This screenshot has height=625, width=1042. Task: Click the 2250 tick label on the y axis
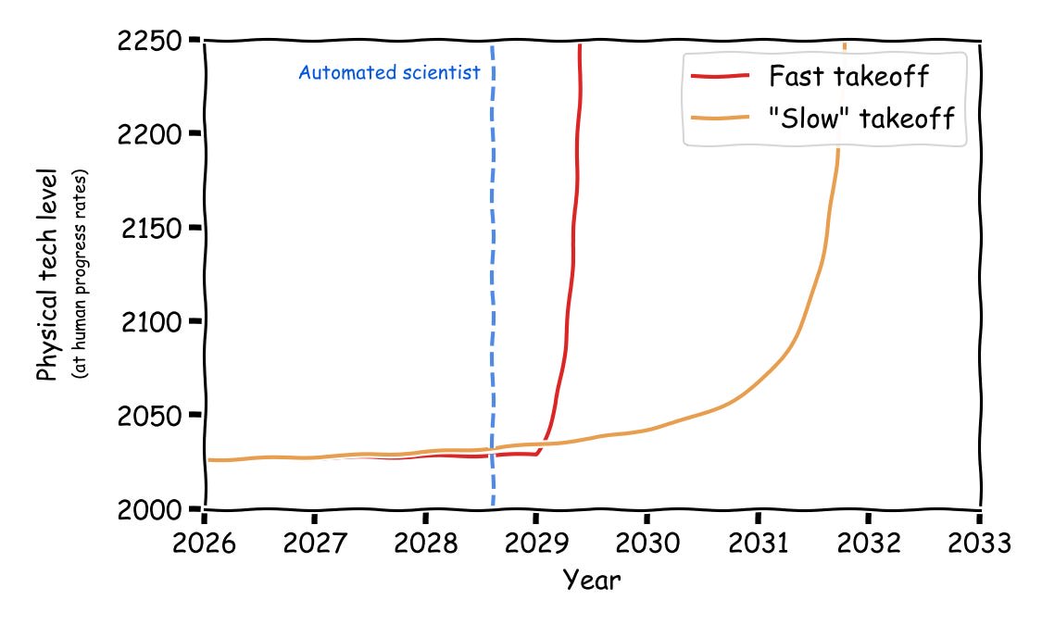pos(152,42)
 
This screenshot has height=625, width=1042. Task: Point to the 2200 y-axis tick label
pos(152,135)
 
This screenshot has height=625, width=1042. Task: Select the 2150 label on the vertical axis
pos(152,229)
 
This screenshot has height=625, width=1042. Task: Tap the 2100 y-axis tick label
pos(152,322)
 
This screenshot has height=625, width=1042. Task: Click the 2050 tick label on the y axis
pos(152,416)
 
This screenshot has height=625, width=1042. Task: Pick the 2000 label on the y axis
pos(152,509)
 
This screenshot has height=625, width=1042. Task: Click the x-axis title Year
pos(592,581)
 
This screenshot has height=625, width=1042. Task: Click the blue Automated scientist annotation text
pos(389,73)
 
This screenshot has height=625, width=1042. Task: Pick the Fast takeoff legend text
pos(848,76)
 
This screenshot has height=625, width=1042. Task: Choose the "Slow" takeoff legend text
pos(861,119)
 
